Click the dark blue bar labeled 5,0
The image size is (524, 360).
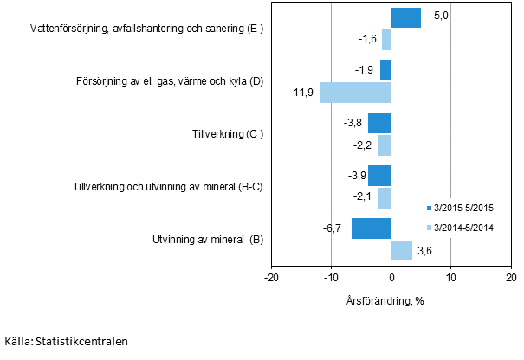(x=405, y=17)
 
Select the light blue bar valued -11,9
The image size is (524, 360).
(x=355, y=92)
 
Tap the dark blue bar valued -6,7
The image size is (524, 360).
(x=371, y=228)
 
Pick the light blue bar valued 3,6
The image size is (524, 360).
(x=402, y=250)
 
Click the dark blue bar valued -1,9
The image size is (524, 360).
(x=385, y=70)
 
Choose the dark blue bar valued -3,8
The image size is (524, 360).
(x=379, y=123)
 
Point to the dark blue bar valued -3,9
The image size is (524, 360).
(x=379, y=176)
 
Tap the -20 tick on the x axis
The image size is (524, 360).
(x=271, y=277)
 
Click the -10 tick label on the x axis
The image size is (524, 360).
(x=331, y=277)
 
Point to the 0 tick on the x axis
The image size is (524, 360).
(x=391, y=277)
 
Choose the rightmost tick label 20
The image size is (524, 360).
(x=510, y=277)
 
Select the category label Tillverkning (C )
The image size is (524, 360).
(x=227, y=134)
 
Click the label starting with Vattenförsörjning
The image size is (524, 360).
(x=146, y=29)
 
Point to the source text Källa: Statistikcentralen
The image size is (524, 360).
(x=66, y=342)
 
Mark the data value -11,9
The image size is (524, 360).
(x=301, y=93)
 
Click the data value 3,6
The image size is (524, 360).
(x=425, y=251)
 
